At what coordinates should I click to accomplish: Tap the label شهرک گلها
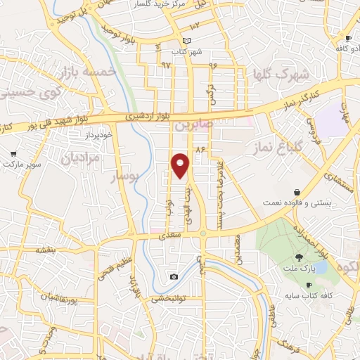pyautogui.click(x=283, y=74)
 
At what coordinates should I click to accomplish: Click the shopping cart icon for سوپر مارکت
pyautogui.click(x=13, y=154)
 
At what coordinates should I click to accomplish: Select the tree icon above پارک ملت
pyautogui.click(x=300, y=257)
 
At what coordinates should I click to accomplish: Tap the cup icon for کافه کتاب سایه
pyautogui.click(x=309, y=284)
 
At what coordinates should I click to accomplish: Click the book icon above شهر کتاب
pyautogui.click(x=186, y=41)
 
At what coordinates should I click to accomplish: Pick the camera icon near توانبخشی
pyautogui.click(x=174, y=277)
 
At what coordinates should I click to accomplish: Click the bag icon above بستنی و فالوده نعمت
pyautogui.click(x=297, y=192)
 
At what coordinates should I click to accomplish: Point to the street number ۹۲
pyautogui.click(x=166, y=65)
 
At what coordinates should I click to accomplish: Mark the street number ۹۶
pyautogui.click(x=213, y=65)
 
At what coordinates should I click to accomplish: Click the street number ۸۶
pyautogui.click(x=200, y=149)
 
